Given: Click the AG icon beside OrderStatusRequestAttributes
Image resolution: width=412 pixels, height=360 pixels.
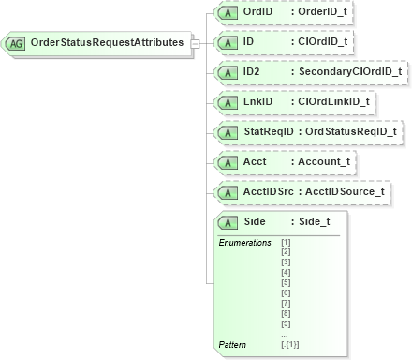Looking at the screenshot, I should [x=17, y=43].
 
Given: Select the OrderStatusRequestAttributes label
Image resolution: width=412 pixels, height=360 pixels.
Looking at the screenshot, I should [x=107, y=43].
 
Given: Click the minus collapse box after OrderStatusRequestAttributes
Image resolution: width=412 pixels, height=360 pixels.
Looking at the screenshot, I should [x=194, y=43].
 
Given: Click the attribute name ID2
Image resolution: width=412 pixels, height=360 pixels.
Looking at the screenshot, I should [x=252, y=72].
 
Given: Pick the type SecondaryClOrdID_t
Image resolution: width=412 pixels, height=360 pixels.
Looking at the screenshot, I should [x=349, y=72].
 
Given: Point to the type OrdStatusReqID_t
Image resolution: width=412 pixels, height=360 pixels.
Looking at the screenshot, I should [x=351, y=132].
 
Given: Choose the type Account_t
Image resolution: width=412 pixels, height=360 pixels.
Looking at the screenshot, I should [x=322, y=162].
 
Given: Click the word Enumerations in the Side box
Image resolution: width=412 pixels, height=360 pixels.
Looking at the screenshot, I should [x=244, y=242].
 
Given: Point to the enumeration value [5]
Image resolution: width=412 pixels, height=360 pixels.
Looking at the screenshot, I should [x=286, y=281].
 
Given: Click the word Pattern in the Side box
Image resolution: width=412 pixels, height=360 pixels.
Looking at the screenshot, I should [x=231, y=344].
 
